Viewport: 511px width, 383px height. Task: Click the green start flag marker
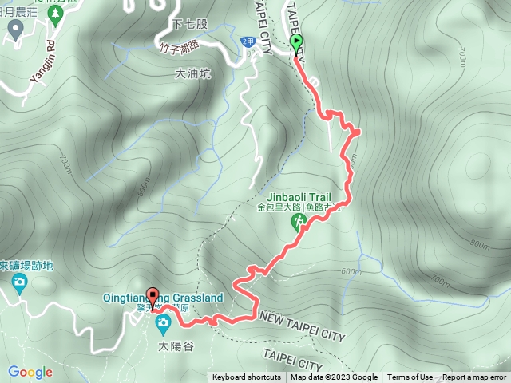297,43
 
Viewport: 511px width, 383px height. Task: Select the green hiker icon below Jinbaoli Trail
297,225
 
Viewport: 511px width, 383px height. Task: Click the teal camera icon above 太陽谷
163,323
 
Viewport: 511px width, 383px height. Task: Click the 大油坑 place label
189,73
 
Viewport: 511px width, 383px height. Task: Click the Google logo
30,372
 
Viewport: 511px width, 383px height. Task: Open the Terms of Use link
410,377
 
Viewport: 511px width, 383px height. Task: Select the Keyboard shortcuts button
247,377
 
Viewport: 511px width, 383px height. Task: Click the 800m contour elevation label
479,244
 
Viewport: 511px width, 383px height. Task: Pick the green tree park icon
14,30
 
